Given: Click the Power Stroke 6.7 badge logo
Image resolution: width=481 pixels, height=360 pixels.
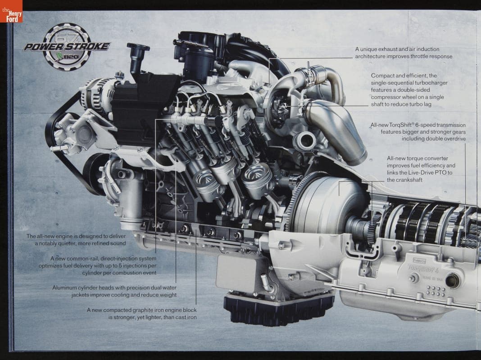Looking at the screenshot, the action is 67,47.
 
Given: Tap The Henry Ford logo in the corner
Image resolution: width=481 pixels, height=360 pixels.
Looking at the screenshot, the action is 11,11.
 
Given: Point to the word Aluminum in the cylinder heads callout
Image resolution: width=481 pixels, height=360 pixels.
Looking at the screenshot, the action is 64,288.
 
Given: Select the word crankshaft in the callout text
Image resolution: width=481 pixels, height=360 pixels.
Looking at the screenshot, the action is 408,180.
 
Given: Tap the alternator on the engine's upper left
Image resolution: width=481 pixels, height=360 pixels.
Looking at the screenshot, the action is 97,91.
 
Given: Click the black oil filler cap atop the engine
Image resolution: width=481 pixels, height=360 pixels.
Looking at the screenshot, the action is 138,48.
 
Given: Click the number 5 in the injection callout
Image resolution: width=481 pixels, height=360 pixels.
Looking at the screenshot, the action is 121,265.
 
